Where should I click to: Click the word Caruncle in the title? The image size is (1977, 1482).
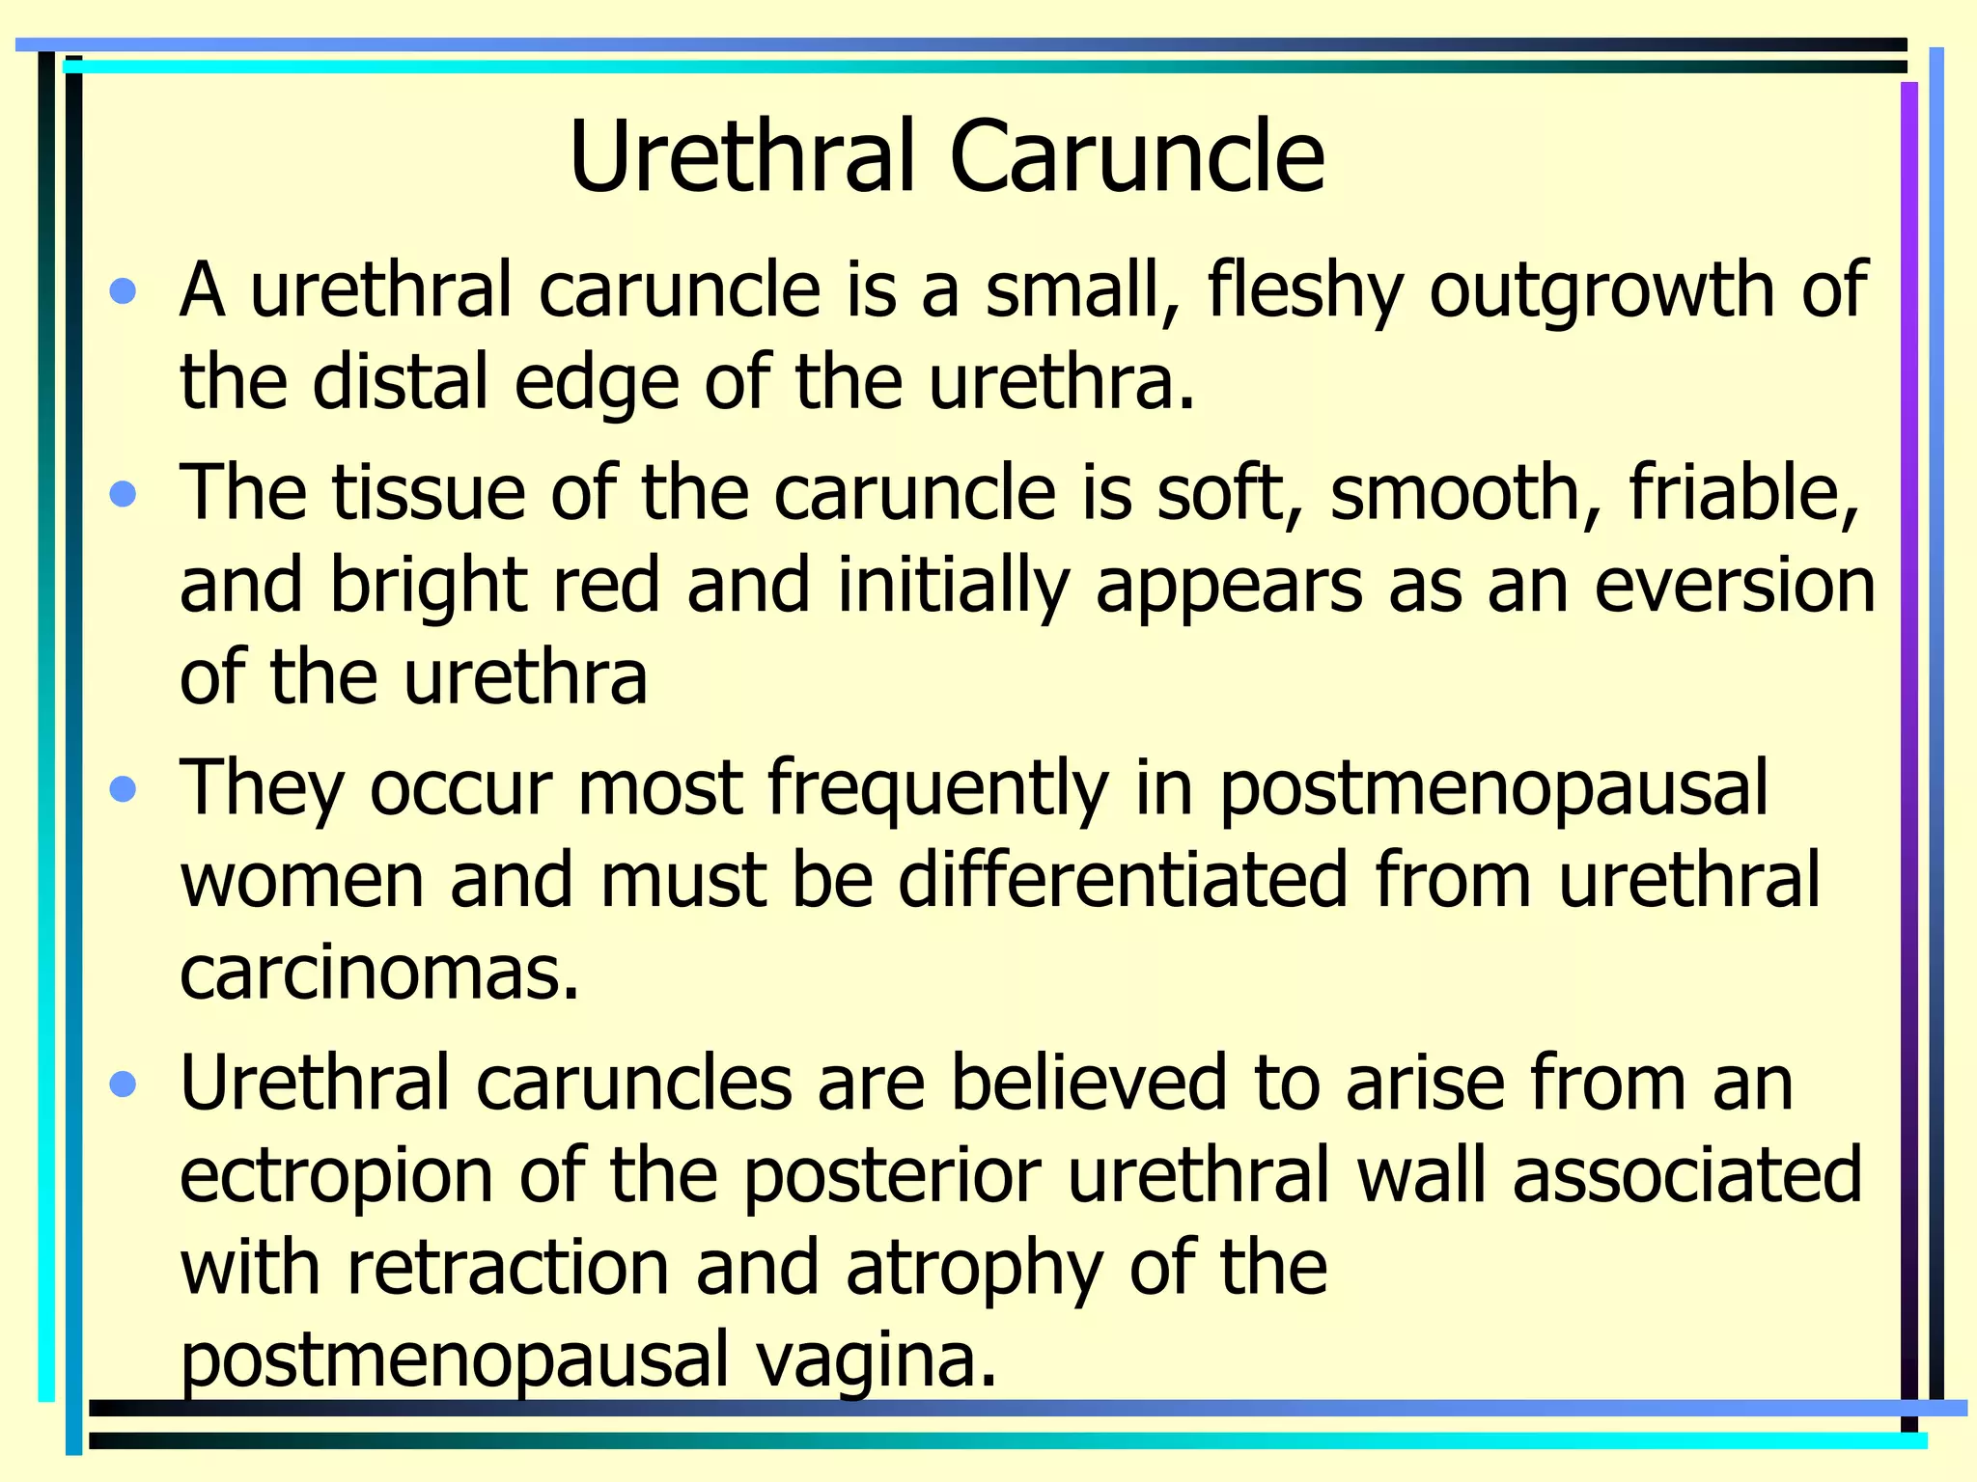(x=1136, y=156)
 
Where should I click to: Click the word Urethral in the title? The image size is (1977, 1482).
(x=741, y=156)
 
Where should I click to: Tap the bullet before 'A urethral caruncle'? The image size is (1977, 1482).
(x=124, y=291)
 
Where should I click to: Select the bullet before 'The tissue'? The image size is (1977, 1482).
(x=124, y=495)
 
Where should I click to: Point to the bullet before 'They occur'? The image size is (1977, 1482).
(x=124, y=791)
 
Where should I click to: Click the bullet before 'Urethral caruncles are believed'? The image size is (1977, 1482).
(x=124, y=1085)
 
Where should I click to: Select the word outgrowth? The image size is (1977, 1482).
(x=1601, y=291)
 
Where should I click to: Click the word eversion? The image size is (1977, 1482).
(x=1734, y=586)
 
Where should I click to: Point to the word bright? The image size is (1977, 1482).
(x=429, y=586)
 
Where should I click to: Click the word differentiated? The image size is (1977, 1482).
(x=1123, y=880)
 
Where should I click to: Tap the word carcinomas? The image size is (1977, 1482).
(x=379, y=972)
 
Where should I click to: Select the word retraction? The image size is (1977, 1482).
(x=508, y=1269)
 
